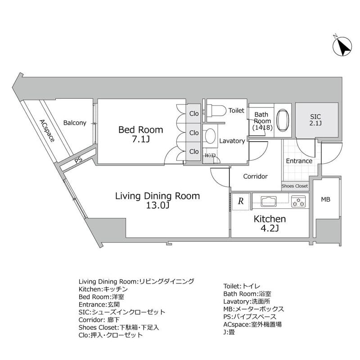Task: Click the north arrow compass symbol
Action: click(x=342, y=47)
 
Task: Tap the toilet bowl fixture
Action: click(x=216, y=111)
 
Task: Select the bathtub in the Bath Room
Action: click(x=283, y=120)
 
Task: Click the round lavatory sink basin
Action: click(x=210, y=136)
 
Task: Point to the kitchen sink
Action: click(x=269, y=201)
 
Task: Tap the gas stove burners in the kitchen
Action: click(x=298, y=201)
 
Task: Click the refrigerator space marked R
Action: click(x=241, y=201)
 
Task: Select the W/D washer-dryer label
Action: click(x=210, y=156)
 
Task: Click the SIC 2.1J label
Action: click(x=315, y=120)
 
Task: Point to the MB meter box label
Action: click(x=325, y=199)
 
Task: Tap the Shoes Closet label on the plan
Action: click(x=295, y=186)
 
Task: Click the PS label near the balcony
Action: click(x=78, y=160)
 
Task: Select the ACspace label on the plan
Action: click(x=47, y=130)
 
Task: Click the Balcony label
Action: click(x=75, y=123)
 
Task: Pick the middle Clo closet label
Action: click(x=194, y=133)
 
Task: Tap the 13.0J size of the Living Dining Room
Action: click(x=157, y=206)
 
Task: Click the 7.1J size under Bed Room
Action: click(x=141, y=139)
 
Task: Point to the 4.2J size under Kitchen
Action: click(x=270, y=229)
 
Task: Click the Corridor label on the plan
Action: click(x=255, y=176)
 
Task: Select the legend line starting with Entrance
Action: click(x=99, y=305)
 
